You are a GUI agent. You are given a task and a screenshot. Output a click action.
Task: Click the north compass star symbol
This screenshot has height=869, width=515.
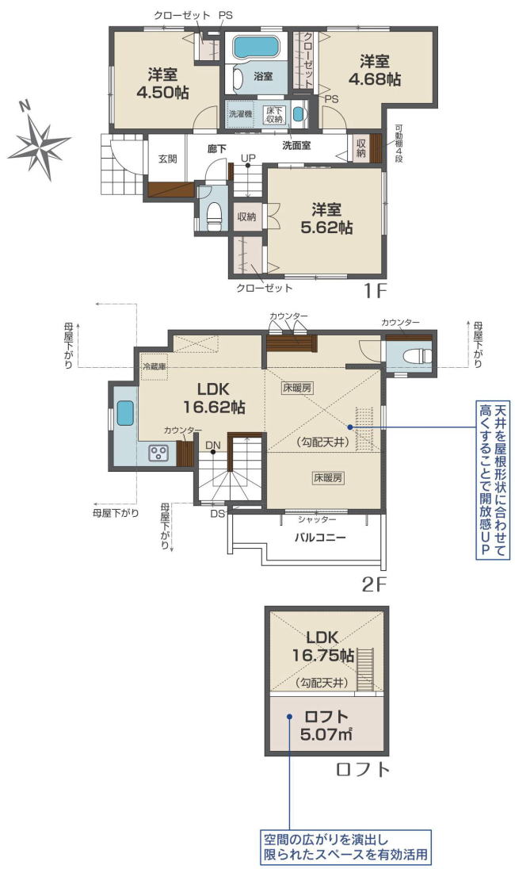pyautogui.click(x=39, y=145)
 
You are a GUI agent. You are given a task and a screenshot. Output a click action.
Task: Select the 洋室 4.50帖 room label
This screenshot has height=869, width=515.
pyautogui.click(x=162, y=83)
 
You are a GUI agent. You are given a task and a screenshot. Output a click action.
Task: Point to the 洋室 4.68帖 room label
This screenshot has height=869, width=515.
pyautogui.click(x=374, y=70)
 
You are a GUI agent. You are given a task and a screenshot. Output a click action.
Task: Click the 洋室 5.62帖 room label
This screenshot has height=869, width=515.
pyautogui.click(x=326, y=218)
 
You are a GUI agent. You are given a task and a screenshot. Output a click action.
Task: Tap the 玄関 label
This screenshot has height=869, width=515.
pyautogui.click(x=168, y=159)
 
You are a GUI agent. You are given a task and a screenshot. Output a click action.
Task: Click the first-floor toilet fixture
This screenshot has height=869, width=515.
pyautogui.click(x=213, y=214)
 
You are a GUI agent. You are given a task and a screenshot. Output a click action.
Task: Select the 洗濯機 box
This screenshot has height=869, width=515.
pyautogui.click(x=240, y=113)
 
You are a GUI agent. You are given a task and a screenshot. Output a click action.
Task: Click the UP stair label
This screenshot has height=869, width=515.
pyautogui.click(x=247, y=158)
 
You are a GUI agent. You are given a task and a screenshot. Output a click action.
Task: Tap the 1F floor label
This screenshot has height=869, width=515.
pyautogui.click(x=374, y=290)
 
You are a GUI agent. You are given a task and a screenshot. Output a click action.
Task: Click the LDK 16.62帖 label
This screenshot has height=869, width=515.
pyautogui.click(x=214, y=398)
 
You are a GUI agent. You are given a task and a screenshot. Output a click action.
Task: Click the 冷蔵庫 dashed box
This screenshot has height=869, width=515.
pyautogui.click(x=154, y=366)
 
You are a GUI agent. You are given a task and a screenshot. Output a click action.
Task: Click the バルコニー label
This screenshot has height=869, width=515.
pyautogui.click(x=319, y=537)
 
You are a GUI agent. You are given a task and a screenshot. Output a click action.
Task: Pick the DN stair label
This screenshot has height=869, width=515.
pyautogui.click(x=212, y=445)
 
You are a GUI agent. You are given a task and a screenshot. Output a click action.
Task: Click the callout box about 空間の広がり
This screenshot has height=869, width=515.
pyautogui.click(x=346, y=846)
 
